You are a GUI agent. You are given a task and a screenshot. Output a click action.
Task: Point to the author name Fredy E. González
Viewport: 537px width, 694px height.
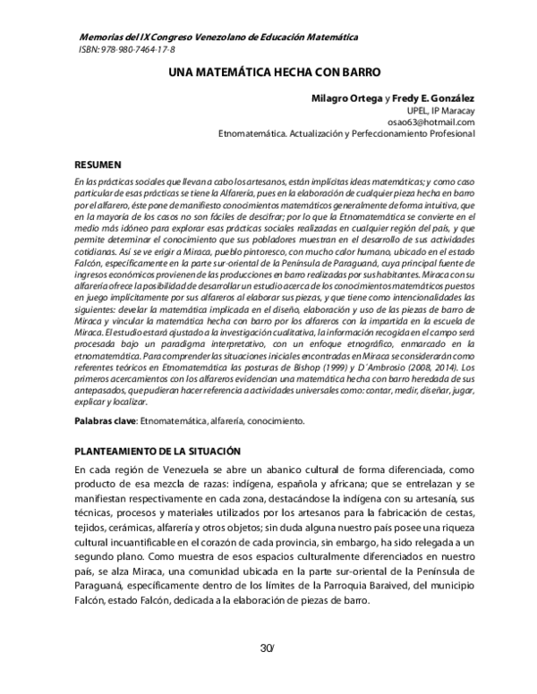[431, 97]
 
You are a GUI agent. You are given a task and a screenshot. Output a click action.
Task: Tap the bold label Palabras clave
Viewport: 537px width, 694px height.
[104, 419]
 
